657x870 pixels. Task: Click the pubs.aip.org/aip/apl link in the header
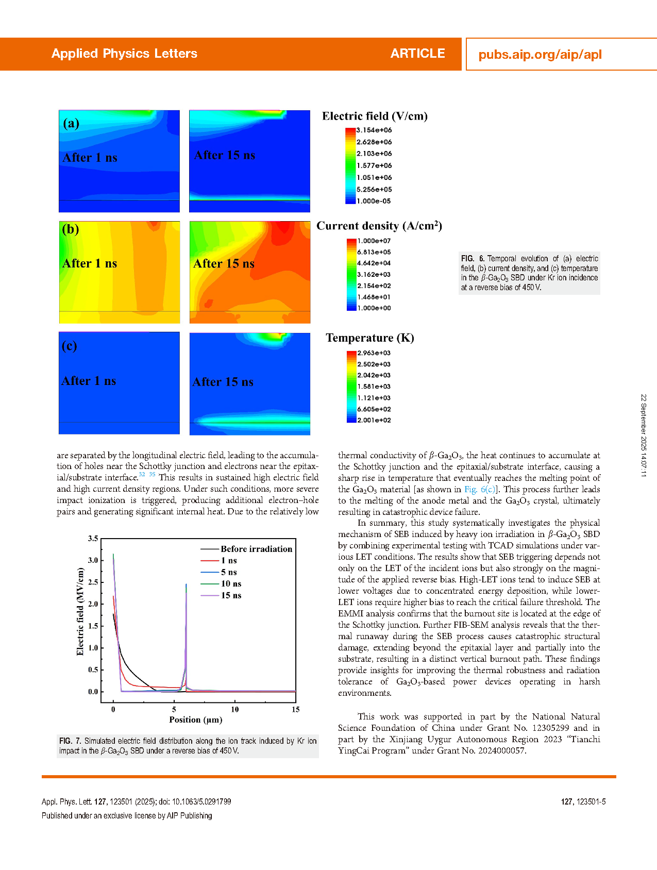coord(540,55)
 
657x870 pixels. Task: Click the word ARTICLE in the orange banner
coord(417,54)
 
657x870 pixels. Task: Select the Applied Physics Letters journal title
coord(124,54)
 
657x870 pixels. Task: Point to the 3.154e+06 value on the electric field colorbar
coord(374,130)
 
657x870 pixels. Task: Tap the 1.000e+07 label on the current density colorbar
coord(374,241)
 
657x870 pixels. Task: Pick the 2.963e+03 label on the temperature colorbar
coord(374,353)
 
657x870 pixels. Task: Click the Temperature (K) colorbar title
coord(369,338)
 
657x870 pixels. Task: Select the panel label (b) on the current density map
coord(71,229)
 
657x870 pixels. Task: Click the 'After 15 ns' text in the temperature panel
coord(223,382)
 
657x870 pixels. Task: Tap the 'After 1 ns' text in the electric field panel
coord(90,158)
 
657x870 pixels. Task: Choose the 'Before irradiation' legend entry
coord(256,549)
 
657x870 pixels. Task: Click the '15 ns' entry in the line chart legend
coord(231,595)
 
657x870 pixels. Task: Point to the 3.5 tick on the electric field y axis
coord(93,539)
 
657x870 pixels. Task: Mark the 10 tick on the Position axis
coord(235,709)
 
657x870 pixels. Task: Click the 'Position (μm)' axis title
coord(196,720)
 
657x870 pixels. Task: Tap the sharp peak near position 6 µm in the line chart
coord(186,585)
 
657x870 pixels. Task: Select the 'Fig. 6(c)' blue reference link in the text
coord(480,489)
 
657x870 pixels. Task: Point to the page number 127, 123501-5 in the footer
coord(583,801)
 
